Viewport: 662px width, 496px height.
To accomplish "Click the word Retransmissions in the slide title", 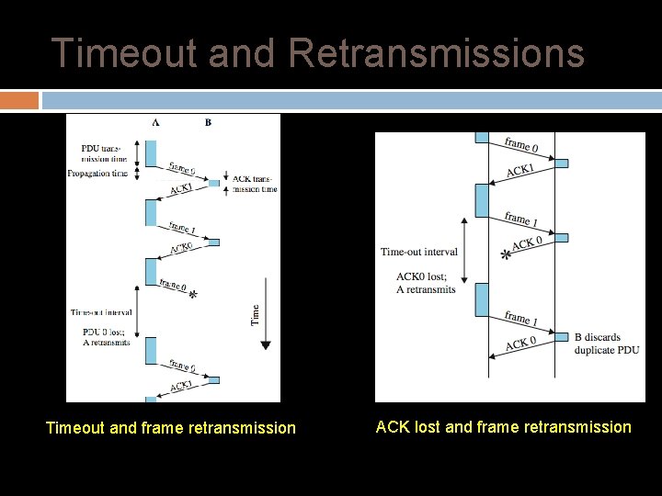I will click(436, 53).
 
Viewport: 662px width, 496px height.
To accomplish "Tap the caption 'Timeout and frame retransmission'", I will click(171, 428).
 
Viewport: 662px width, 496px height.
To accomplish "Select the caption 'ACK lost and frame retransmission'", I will click(503, 427).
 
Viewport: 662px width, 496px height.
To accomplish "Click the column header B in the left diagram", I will click(208, 122).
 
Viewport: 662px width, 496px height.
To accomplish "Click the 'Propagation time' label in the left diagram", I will click(98, 174).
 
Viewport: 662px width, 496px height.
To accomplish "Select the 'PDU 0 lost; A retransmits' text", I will click(105, 336).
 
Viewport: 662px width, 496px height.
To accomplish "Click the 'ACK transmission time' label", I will click(255, 184).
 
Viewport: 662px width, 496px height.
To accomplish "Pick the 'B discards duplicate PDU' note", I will click(606, 344).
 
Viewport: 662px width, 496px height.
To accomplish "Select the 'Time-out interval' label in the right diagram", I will click(418, 252).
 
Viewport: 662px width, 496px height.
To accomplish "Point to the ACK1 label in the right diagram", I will click(519, 171).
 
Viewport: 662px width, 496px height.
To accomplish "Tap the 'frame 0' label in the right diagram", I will click(521, 144).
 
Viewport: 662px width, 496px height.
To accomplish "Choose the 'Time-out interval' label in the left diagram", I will click(101, 312).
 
